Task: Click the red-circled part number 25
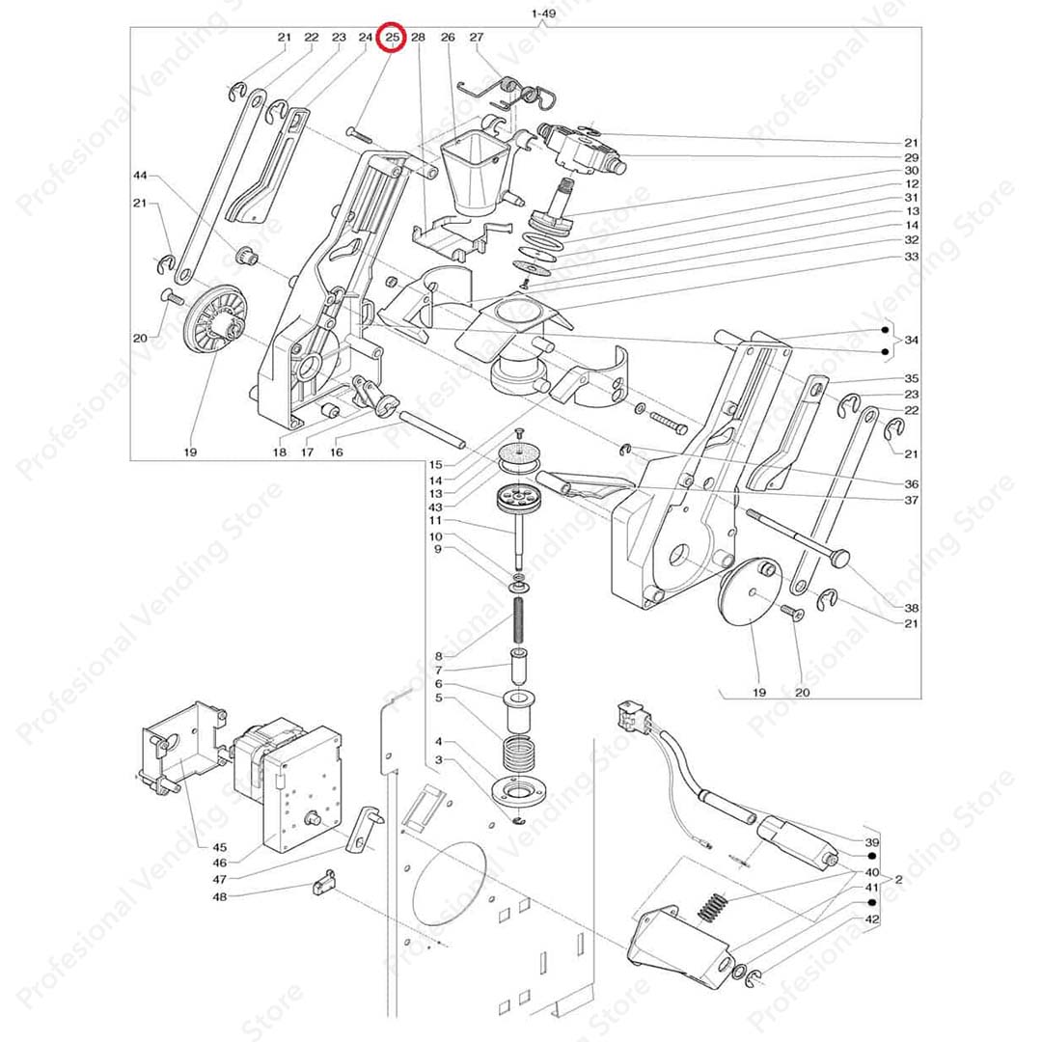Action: pos(392,38)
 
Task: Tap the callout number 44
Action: pos(141,176)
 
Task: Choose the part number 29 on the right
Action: pos(912,156)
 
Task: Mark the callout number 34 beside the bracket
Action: pos(912,341)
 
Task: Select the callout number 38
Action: pos(912,608)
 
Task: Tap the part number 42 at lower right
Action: pos(872,920)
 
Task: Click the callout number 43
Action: pos(436,507)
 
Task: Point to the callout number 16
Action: pos(336,452)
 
